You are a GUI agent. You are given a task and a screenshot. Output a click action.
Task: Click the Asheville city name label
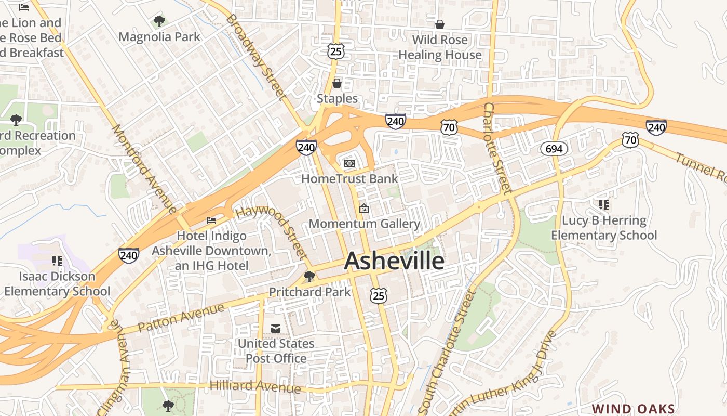pyautogui.click(x=394, y=261)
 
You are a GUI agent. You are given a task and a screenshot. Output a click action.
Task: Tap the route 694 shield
pyautogui.click(x=554, y=149)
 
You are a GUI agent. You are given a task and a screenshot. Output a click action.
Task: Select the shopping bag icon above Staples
pyautogui.click(x=336, y=83)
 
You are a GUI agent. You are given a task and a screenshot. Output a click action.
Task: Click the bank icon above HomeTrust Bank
pyautogui.click(x=349, y=163)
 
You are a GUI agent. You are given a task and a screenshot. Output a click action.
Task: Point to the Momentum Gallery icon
pyautogui.click(x=364, y=209)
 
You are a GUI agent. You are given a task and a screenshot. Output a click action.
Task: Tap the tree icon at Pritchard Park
pyautogui.click(x=309, y=276)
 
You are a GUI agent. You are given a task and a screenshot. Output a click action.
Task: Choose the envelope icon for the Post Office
pyautogui.click(x=276, y=328)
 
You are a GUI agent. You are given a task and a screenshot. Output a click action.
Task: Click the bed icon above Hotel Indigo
pyautogui.click(x=211, y=220)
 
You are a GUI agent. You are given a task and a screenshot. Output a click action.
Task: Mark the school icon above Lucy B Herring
pyautogui.click(x=603, y=205)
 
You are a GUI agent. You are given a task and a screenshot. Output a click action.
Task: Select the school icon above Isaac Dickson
pyautogui.click(x=57, y=261)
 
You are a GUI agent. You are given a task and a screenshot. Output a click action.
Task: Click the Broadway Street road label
pyautogui.click(x=256, y=57)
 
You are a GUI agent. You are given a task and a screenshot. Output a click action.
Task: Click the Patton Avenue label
pyautogui.click(x=182, y=318)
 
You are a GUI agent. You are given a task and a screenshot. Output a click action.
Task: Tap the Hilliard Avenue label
pyautogui.click(x=255, y=386)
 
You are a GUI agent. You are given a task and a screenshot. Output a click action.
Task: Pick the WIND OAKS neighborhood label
pyautogui.click(x=634, y=409)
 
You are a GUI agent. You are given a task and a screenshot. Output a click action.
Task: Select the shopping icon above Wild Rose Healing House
pyautogui.click(x=440, y=24)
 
